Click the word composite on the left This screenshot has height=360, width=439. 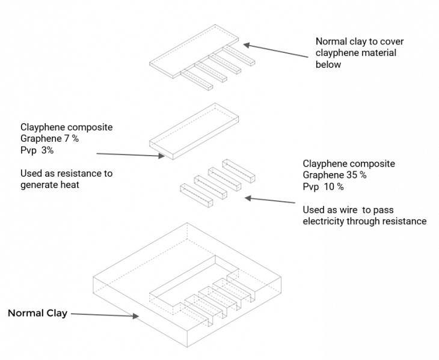(91, 127)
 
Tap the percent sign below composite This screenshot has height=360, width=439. (75, 139)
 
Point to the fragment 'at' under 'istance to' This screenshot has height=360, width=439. (75, 185)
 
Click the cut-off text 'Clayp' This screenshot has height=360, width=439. (314, 164)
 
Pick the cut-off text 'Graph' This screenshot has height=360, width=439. (314, 175)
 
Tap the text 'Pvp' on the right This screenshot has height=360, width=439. (310, 187)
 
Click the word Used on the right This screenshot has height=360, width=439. (313, 210)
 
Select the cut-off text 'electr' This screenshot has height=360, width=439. (314, 221)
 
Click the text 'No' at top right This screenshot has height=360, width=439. (321, 41)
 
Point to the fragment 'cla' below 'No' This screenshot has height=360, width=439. (321, 53)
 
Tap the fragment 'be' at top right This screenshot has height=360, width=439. (321, 64)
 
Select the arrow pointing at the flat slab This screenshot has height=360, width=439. (129, 155)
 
